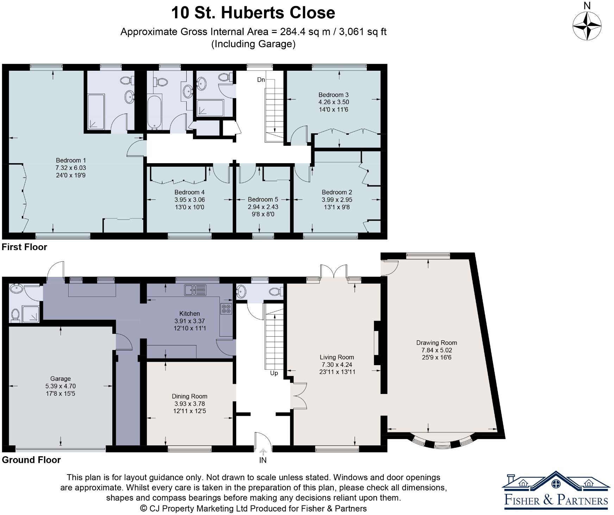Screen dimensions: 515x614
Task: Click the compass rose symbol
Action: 587,26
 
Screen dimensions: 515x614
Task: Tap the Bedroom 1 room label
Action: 71,160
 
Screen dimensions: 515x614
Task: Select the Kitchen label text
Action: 189,313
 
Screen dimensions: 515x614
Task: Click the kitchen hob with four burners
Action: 226,308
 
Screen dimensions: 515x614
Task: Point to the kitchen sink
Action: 195,290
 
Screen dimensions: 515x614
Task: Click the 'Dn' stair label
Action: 261,80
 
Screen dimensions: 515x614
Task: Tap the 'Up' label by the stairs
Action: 274,373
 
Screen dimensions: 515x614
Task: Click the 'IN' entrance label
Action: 263,460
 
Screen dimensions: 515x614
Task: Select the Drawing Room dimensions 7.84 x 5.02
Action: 437,350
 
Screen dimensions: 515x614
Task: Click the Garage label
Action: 61,379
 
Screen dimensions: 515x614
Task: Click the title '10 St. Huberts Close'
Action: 253,13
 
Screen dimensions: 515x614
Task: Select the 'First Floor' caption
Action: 24,247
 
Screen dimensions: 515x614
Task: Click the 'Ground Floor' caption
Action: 31,460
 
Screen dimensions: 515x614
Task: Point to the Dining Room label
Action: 189,396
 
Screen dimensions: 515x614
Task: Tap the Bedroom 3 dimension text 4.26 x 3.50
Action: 333,102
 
